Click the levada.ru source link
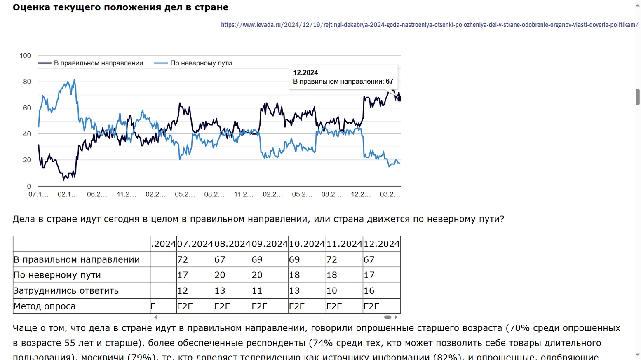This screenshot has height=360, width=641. [429, 25]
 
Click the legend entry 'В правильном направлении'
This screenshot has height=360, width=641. [98, 63]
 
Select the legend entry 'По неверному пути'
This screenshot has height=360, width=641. [201, 63]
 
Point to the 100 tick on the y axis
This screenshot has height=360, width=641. [25, 56]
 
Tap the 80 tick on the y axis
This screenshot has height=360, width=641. [27, 82]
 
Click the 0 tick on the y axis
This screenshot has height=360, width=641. [29, 186]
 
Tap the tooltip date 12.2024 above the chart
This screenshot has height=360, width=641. [305, 72]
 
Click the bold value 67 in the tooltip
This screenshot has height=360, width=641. [390, 81]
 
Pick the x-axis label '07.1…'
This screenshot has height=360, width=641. [38, 194]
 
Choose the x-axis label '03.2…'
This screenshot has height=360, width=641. [390, 194]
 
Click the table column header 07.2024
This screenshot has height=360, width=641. [195, 244]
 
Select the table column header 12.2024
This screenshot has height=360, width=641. [381, 244]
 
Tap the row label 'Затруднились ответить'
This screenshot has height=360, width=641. [66, 291]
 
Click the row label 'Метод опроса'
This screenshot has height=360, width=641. [45, 306]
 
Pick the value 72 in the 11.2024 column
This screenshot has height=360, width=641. [332, 259]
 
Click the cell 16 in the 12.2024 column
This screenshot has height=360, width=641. [369, 291]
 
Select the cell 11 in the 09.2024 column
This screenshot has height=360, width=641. [257, 291]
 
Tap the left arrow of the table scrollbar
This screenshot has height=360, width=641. [155, 317]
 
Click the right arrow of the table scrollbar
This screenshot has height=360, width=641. [396, 317]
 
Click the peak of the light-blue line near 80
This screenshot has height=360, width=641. [74, 80]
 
